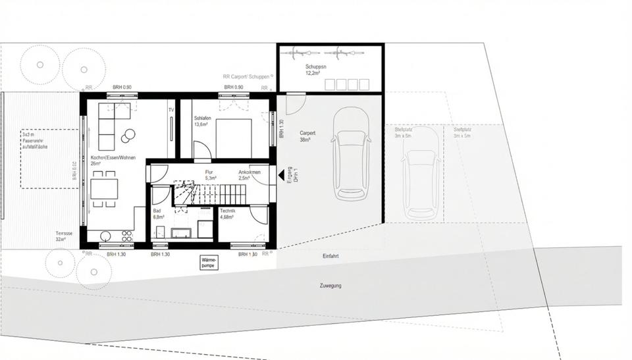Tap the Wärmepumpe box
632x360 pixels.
tap(209, 263)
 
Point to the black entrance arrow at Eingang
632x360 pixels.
tap(281, 175)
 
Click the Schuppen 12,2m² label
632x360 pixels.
tap(313, 70)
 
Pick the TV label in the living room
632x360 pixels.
tap(171, 110)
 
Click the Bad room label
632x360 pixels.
tap(157, 213)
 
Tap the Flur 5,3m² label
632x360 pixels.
tap(211, 175)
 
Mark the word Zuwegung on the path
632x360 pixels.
tap(330, 286)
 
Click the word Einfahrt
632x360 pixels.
tap(330, 255)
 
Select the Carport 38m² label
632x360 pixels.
tap(307, 136)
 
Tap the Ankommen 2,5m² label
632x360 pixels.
tap(250, 175)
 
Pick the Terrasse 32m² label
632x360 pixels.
tap(65, 236)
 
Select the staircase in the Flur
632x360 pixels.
tap(209, 195)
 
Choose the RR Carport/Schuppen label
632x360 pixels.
tap(246, 76)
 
